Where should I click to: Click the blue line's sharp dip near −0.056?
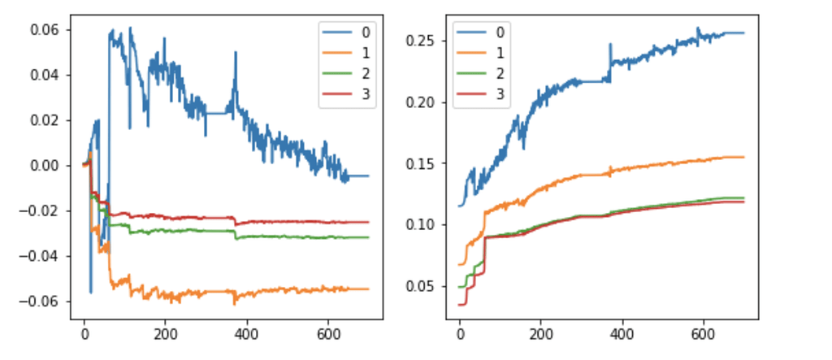(90, 292)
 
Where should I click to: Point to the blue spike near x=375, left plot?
(236, 54)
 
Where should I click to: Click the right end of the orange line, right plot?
(743, 157)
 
